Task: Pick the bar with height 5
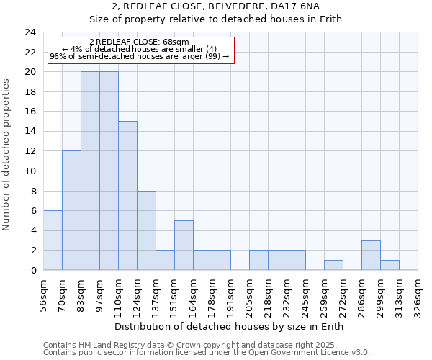pyautogui.click(x=184, y=246)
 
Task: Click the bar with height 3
pyautogui.click(x=371, y=255)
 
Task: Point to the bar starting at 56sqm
pyautogui.click(x=53, y=240)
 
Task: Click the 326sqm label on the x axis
pyautogui.click(x=418, y=294)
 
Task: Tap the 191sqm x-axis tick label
pyautogui.click(x=230, y=294)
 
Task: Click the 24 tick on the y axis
pyautogui.click(x=30, y=32)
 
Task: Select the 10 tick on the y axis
pyautogui.click(x=30, y=171)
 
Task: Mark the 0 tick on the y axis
pyautogui.click(x=33, y=271)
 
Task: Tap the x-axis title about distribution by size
pyautogui.click(x=228, y=327)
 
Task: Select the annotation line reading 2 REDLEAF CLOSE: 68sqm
pyautogui.click(x=140, y=42)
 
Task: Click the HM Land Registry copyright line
pyautogui.click(x=190, y=345)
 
